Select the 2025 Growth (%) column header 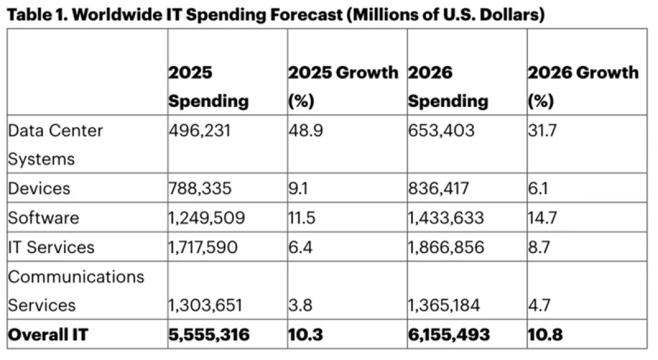(x=343, y=87)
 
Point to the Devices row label (x=39, y=188)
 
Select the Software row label (x=43, y=218)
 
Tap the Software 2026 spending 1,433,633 (x=446, y=218)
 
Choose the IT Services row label (x=51, y=247)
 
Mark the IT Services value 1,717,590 (x=203, y=247)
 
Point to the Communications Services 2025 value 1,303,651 (x=204, y=305)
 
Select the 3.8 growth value (x=300, y=305)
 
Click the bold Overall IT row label (x=48, y=334)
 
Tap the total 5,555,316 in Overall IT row (x=209, y=334)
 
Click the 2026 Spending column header (x=448, y=87)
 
